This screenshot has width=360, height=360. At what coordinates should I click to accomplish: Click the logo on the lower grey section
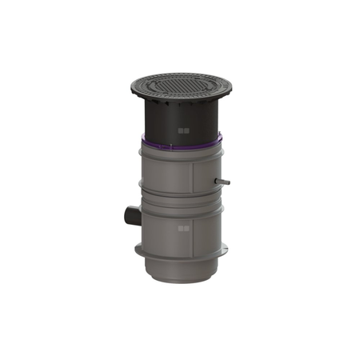click(x=183, y=230)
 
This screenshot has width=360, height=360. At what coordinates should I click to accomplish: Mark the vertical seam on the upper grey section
click(x=192, y=176)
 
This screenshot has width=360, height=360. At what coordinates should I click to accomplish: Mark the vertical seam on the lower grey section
click(x=192, y=228)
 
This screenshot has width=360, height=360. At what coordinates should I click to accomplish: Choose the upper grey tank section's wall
click(x=164, y=176)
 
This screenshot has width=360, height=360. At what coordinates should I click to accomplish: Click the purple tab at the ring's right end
click(x=218, y=141)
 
